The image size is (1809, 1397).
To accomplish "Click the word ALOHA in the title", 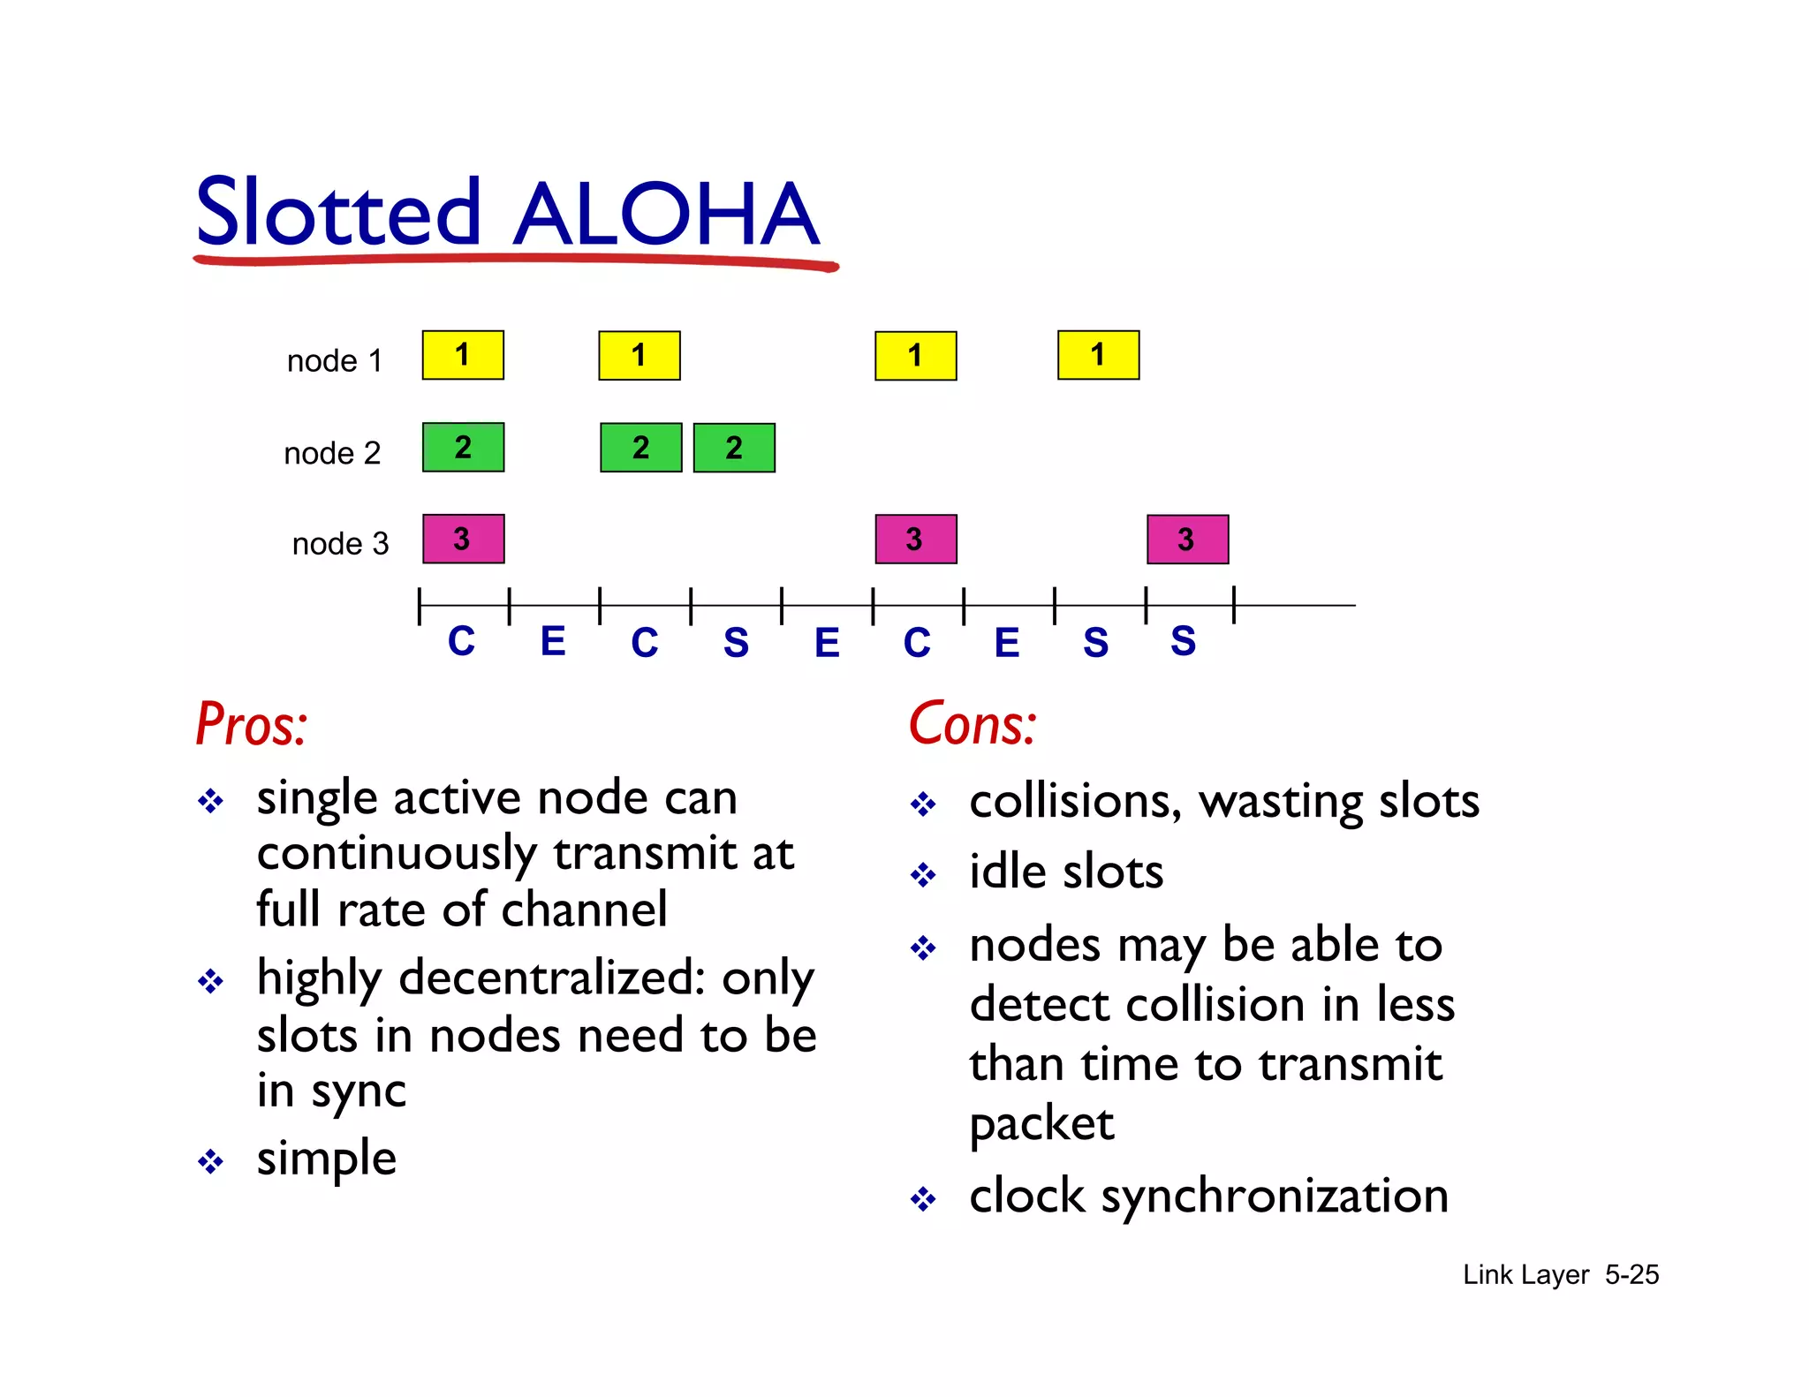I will [667, 215].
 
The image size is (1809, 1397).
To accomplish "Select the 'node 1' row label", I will [335, 360].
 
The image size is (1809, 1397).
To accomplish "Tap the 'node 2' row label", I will [332, 453].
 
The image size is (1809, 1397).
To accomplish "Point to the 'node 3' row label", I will [340, 543].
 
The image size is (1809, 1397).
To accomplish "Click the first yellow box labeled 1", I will [463, 355].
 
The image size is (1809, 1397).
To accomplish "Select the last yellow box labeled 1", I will [1098, 355].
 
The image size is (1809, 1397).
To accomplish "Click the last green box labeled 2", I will [734, 448].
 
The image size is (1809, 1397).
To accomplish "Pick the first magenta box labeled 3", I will [463, 539].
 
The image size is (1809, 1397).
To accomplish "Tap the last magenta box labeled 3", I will [1187, 539].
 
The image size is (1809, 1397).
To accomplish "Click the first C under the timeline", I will [461, 641].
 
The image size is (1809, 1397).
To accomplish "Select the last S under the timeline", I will [1183, 641].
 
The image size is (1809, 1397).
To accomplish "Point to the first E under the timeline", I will [553, 641].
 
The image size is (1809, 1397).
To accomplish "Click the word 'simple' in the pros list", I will [326, 1159].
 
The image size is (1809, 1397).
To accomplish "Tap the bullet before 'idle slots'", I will [923, 875].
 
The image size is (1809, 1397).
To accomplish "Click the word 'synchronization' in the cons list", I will [1274, 1196].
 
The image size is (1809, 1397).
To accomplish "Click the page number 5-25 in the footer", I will [1631, 1274].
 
